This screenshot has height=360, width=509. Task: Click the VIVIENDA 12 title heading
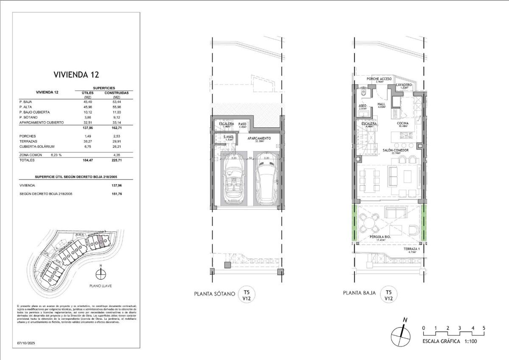(x=76, y=75)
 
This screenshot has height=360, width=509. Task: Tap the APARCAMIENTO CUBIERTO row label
(x=42, y=122)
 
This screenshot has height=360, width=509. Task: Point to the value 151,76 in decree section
(x=111, y=194)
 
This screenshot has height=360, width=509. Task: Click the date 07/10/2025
(x=26, y=343)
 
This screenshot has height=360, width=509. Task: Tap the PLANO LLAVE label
(x=101, y=286)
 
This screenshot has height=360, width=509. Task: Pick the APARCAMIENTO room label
(x=259, y=138)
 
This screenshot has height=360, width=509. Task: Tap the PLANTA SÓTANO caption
(x=214, y=293)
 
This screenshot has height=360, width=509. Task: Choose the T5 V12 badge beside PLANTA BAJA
(x=388, y=294)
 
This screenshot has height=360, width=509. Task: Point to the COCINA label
(x=403, y=123)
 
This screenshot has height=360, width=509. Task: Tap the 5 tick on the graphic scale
(x=484, y=328)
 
